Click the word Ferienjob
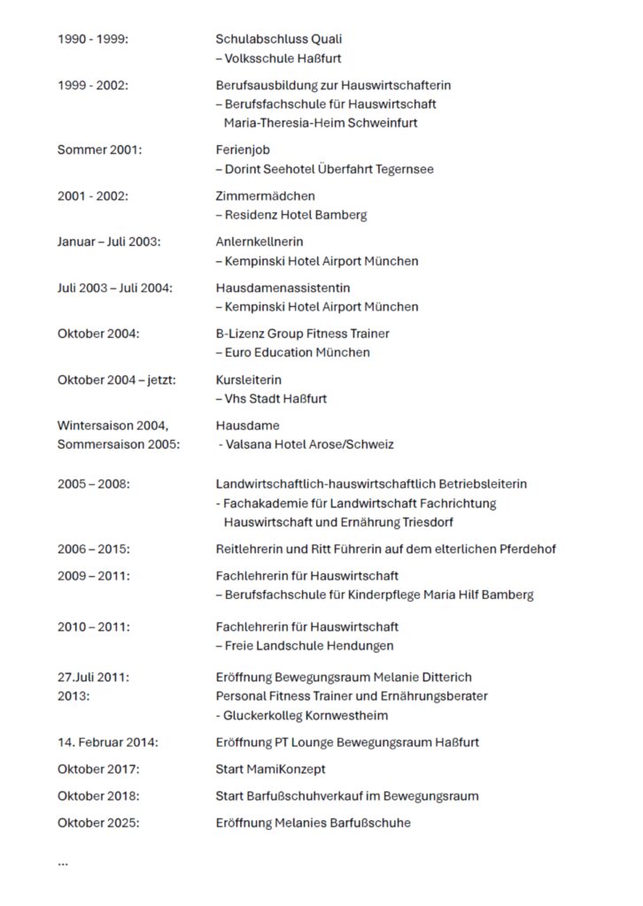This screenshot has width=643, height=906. [243, 150]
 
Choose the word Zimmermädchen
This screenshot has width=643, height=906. [265, 196]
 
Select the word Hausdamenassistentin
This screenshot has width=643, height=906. [270, 288]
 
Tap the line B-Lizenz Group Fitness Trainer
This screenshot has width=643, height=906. [302, 334]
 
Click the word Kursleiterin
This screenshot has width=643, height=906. [249, 380]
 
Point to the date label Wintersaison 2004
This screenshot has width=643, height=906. [112, 426]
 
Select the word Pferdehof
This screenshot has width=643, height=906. [527, 549]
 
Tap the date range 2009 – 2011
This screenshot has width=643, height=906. [93, 576]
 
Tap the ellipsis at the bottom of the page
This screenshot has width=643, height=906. [63, 862]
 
